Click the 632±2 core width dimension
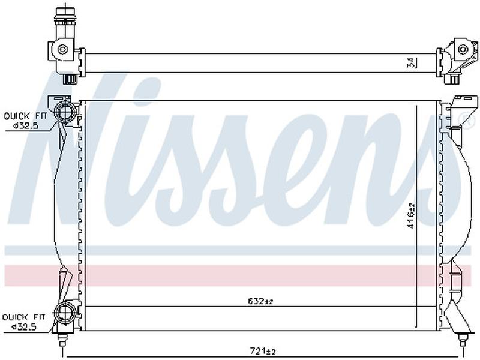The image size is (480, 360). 260,301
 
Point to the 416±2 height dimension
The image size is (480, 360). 411,215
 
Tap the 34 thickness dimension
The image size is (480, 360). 412,62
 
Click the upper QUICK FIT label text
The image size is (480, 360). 26,116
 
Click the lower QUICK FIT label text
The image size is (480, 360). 23,317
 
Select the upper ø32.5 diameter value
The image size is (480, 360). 26,125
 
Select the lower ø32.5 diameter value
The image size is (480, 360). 24,326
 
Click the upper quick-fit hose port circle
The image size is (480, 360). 65,112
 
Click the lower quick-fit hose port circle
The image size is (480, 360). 65,312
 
